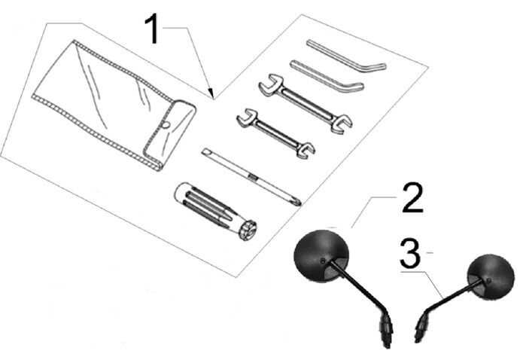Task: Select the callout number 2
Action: point(410,198)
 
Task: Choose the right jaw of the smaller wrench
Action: point(306,149)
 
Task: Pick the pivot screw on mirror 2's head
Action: point(323,262)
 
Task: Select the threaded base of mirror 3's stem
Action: point(421,331)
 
